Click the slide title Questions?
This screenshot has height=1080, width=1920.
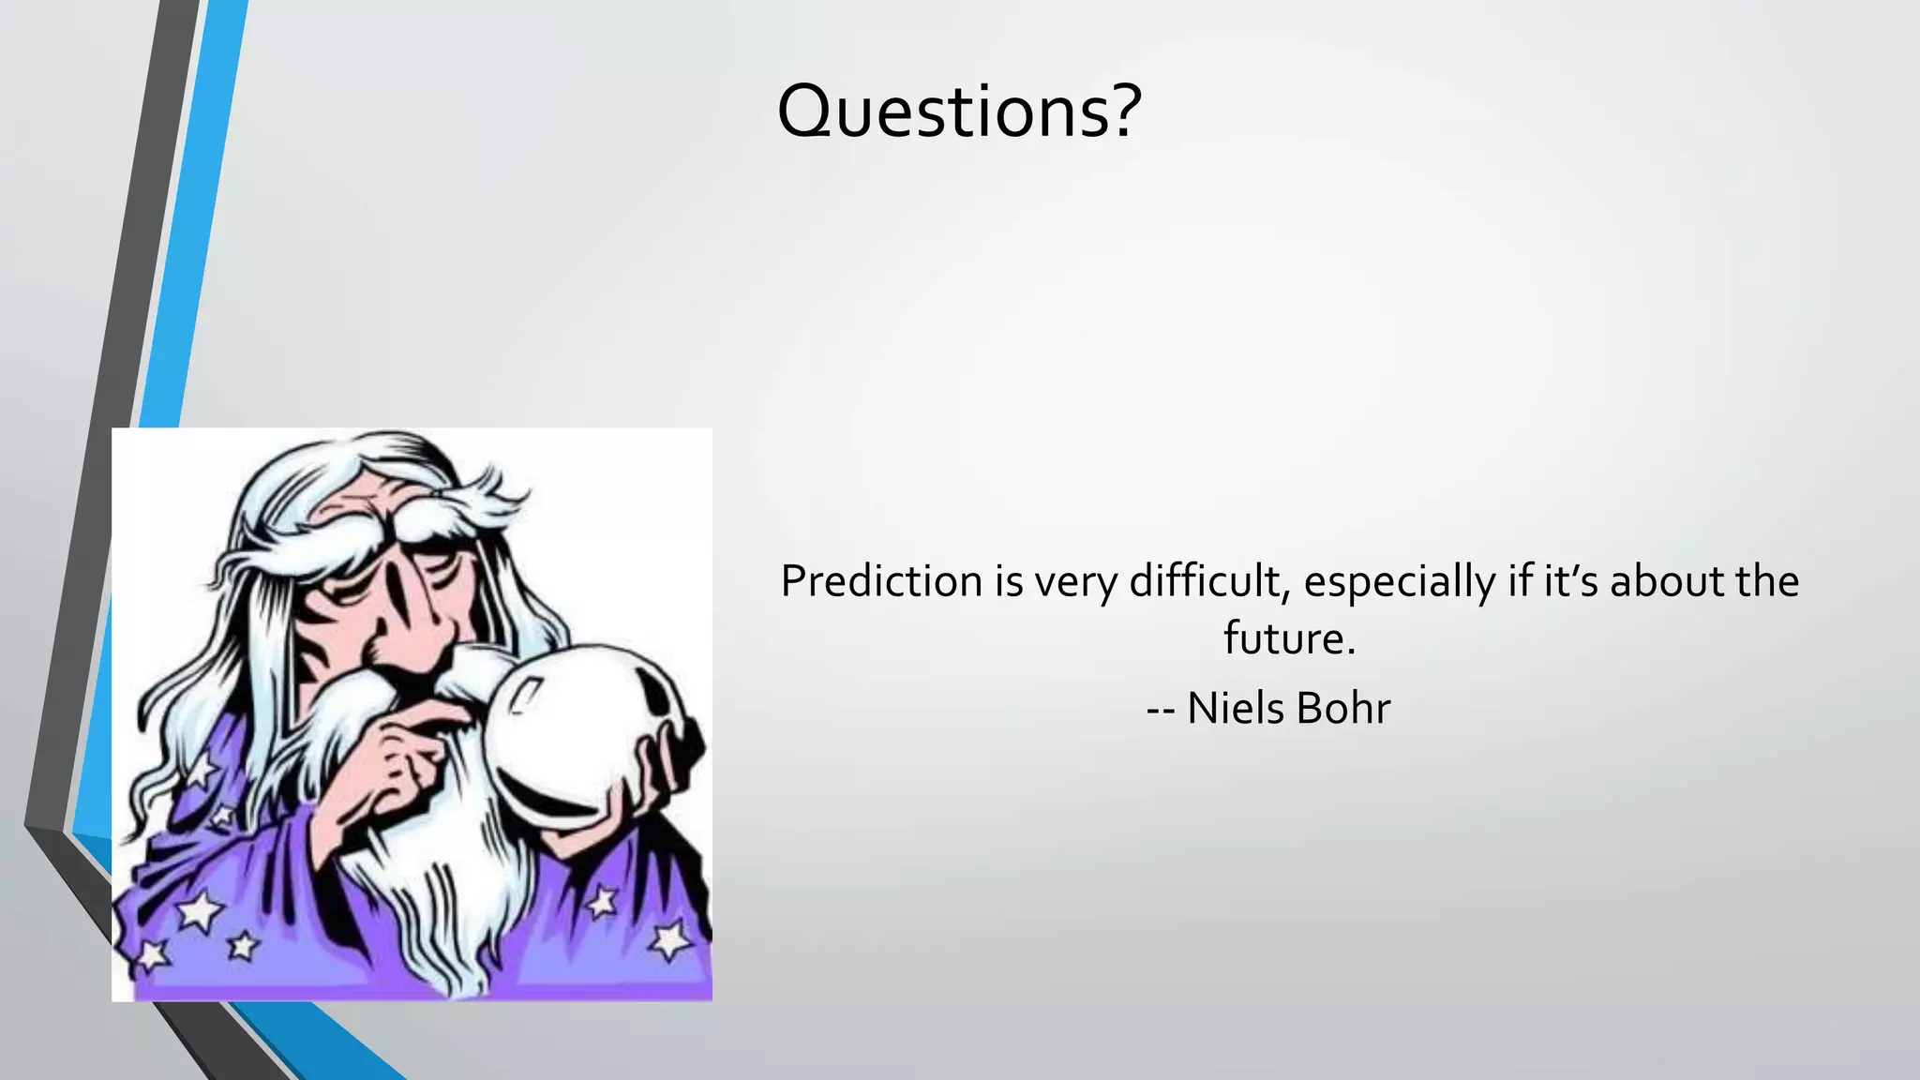point(958,111)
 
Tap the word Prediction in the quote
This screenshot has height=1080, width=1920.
point(881,581)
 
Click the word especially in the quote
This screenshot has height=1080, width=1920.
point(1399,583)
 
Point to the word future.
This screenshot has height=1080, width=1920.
point(1288,639)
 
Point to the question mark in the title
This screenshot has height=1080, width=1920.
point(1120,111)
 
